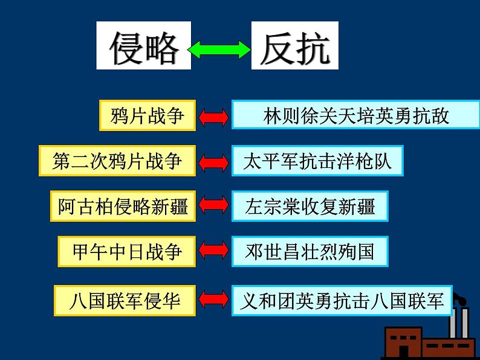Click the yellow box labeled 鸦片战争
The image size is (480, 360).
[148, 115]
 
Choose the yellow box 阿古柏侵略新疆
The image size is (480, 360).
[123, 207]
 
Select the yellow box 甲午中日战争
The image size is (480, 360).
[127, 251]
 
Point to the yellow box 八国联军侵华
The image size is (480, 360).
[125, 300]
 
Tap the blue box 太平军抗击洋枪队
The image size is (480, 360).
[317, 161]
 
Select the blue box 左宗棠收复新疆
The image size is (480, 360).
[310, 207]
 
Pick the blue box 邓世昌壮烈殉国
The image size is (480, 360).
[310, 251]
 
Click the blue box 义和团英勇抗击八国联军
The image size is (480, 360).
[342, 300]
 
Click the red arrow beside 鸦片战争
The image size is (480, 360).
[213, 116]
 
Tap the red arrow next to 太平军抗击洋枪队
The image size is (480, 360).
[213, 162]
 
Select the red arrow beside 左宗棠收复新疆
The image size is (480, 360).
[213, 207]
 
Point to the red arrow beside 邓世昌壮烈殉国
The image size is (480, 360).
[213, 252]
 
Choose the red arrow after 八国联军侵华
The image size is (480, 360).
[213, 300]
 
